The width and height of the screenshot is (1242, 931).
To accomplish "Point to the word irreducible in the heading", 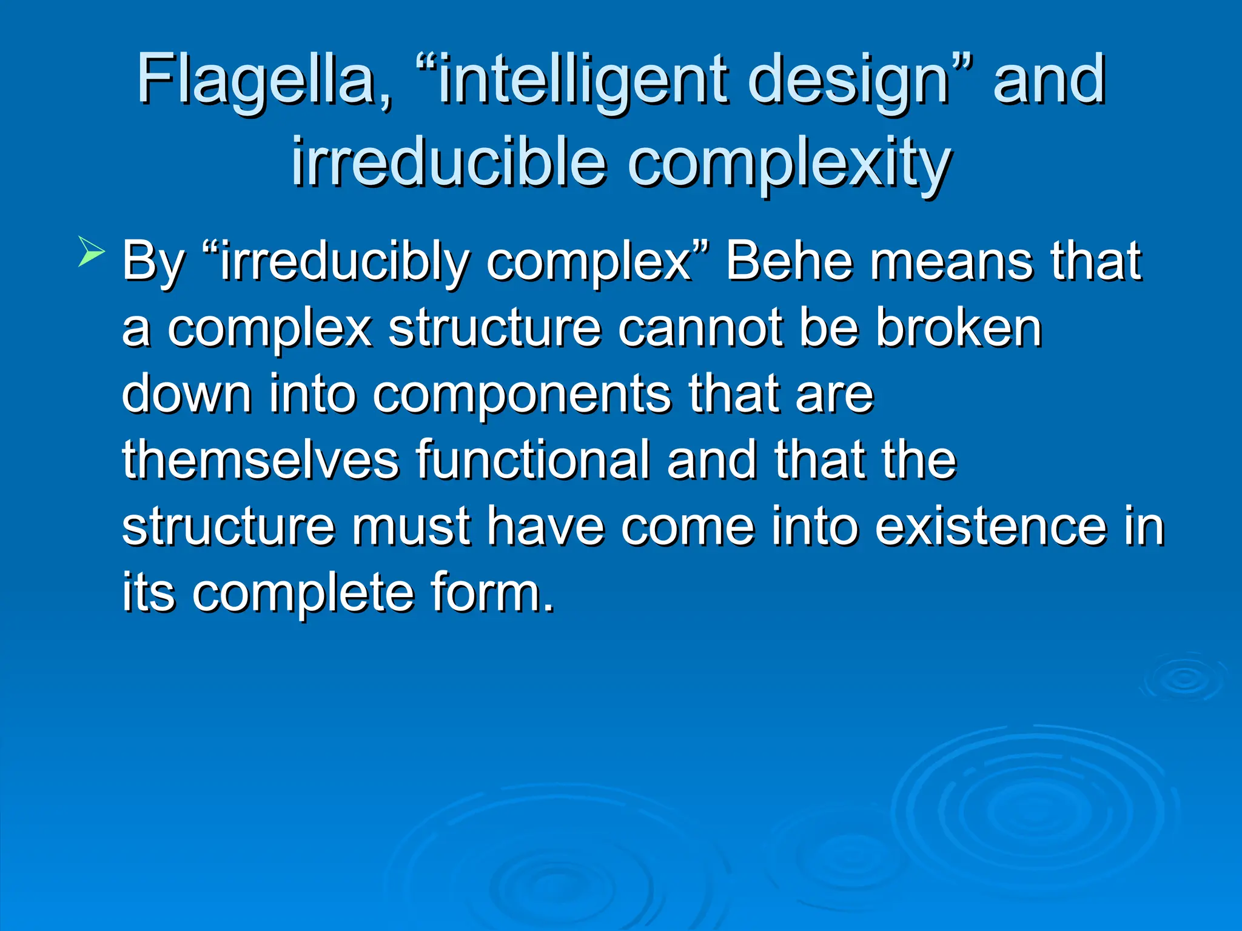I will tap(449, 162).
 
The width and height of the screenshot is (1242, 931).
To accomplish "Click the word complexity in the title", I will tap(788, 162).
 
